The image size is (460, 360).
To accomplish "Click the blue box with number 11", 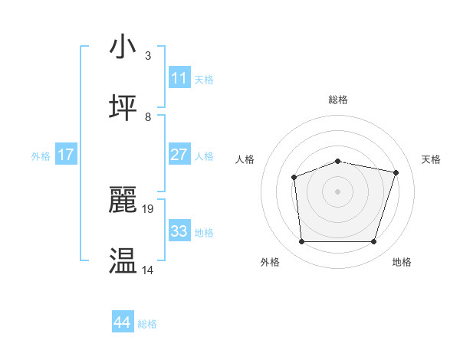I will pyautogui.click(x=179, y=78).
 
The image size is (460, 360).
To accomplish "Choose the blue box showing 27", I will pyautogui.click(x=179, y=155).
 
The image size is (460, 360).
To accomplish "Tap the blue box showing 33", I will pyautogui.click(x=179, y=231).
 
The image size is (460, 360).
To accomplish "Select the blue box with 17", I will pyautogui.click(x=66, y=155).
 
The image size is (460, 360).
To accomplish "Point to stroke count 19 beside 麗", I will pyautogui.click(x=149, y=208).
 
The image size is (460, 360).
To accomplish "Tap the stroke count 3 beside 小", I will pyautogui.click(x=148, y=56).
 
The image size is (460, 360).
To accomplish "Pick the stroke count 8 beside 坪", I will pyautogui.click(x=148, y=117).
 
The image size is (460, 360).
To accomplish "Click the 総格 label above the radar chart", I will pyautogui.click(x=338, y=100).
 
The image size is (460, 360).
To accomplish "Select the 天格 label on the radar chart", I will pyautogui.click(x=431, y=159).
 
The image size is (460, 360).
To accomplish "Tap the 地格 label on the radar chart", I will pyautogui.click(x=402, y=263).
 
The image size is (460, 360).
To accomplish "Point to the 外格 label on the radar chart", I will pyautogui.click(x=270, y=263).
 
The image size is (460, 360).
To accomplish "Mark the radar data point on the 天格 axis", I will pyautogui.click(x=396, y=172).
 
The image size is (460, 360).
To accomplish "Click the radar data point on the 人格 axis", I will pyautogui.click(x=294, y=178).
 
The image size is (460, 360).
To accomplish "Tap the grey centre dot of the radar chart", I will pyautogui.click(x=338, y=191).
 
